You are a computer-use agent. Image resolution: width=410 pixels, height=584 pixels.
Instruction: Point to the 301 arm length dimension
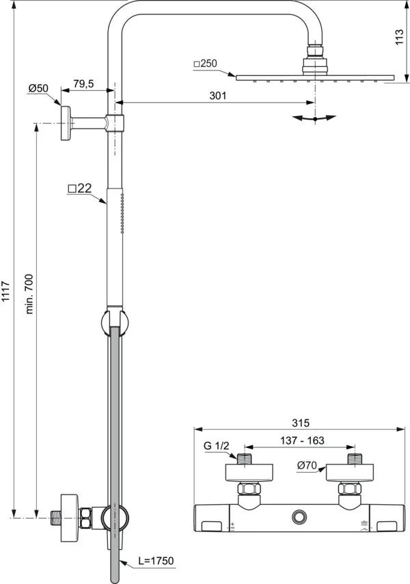coord(217,96)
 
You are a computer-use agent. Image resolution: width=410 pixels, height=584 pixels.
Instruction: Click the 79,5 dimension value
coord(83,84)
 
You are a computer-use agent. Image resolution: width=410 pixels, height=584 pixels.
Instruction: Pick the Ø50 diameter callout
coord(38,89)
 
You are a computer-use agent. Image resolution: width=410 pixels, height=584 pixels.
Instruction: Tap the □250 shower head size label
coord(205,64)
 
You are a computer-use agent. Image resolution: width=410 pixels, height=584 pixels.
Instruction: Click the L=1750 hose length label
coord(156,561)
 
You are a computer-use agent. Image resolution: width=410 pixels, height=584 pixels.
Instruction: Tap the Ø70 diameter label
coord(306,466)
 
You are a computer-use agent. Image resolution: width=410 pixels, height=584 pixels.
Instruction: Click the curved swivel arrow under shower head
coord(314,118)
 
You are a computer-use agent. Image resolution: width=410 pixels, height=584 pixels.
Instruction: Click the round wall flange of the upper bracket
coord(66,124)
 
